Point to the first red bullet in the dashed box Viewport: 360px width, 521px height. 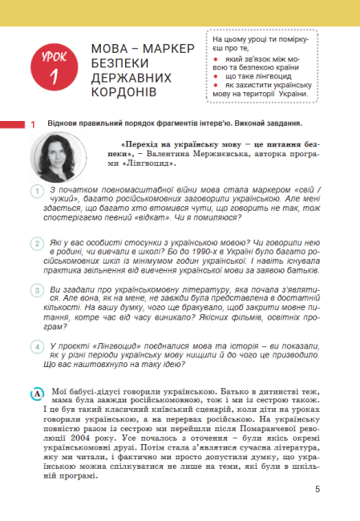point(216,59)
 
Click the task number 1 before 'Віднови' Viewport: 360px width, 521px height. point(33,124)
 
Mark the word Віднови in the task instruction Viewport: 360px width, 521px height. point(65,124)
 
